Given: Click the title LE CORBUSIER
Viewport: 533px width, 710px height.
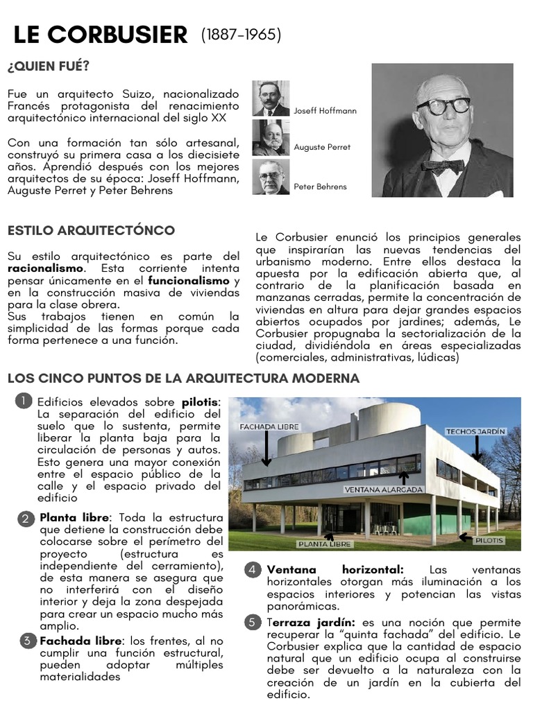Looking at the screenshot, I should (101, 35).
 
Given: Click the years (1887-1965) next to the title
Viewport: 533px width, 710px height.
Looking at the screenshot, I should (241, 35).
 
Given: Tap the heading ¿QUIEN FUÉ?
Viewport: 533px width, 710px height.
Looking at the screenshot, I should (49, 67).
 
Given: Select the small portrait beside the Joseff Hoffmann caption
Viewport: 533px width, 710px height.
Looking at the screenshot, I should (271, 98).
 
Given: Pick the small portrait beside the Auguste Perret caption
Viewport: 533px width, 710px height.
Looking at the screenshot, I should (271, 137).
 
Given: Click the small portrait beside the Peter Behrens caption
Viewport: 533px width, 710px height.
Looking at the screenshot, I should (271, 177).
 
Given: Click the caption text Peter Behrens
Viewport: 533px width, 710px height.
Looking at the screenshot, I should (320, 187).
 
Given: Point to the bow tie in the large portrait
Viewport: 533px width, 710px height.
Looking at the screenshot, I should (443, 166).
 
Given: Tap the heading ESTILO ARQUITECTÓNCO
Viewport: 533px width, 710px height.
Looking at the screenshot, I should (91, 230).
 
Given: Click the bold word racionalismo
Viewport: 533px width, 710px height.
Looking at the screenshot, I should (45, 268).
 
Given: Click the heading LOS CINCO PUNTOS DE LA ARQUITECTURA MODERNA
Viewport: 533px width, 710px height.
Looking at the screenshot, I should (183, 378).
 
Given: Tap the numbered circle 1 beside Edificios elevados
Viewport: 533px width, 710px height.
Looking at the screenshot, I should (24, 401).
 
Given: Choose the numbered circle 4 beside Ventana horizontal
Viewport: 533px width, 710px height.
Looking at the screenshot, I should (253, 570).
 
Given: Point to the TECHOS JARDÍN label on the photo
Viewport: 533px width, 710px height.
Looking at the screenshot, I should (475, 431).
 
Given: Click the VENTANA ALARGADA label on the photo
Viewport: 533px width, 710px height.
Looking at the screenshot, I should (383, 489).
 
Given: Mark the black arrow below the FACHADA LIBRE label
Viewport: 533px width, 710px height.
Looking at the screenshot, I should (266, 449).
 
